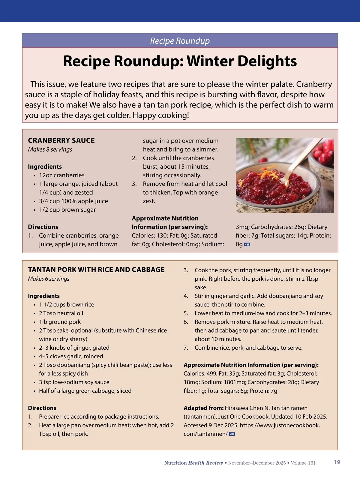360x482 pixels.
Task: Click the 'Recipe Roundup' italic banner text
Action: [x=180, y=41]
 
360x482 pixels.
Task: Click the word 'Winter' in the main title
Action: [x=210, y=61]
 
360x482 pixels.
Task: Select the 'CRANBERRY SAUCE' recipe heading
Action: [x=61, y=140]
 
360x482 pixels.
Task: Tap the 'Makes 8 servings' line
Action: [x=50, y=149]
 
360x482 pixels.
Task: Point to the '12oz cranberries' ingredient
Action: [x=61, y=175]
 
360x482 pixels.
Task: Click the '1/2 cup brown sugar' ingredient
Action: [x=67, y=210]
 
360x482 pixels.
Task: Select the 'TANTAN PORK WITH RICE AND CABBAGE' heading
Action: [x=96, y=270]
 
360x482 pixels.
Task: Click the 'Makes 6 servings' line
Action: [x=49, y=279]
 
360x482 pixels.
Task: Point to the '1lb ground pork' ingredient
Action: [x=60, y=322]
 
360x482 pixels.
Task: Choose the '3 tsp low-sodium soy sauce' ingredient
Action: [x=74, y=382]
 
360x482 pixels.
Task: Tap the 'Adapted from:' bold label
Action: [x=203, y=408]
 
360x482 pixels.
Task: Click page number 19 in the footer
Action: [x=337, y=462]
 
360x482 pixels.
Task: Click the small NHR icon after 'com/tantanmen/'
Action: [x=232, y=434]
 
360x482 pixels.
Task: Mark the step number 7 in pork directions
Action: [x=186, y=348]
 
